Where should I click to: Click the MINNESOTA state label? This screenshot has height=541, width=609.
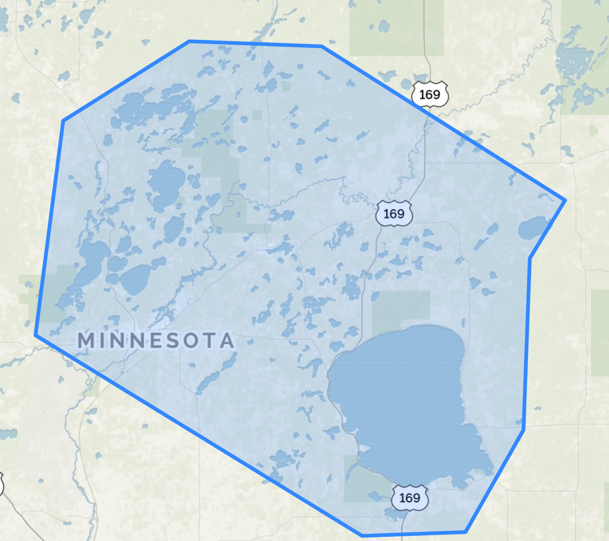(156, 340)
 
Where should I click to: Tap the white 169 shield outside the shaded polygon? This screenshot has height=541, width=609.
(430, 95)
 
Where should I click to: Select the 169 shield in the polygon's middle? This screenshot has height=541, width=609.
(394, 214)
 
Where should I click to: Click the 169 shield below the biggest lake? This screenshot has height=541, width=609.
(410, 498)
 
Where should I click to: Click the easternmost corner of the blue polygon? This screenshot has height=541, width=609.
(565, 201)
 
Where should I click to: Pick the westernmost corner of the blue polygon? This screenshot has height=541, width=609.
(36, 335)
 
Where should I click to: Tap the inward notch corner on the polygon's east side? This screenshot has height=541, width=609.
(530, 258)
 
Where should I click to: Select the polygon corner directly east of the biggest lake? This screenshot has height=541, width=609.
(524, 430)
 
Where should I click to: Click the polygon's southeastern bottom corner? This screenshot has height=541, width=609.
(466, 532)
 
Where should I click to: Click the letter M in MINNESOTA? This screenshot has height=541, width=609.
(86, 340)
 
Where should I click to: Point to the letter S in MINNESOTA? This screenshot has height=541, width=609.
(173, 340)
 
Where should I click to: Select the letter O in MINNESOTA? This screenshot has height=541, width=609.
(191, 340)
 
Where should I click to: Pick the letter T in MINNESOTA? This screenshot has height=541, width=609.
(210, 340)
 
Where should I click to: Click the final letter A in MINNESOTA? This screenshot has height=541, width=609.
(228, 340)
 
